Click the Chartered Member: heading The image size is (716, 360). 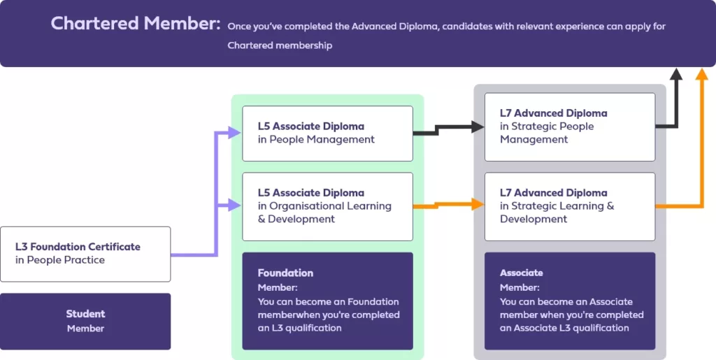(136, 23)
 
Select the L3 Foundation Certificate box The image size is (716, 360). (85, 254)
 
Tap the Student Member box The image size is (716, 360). (85, 321)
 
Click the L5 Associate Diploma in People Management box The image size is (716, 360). (327, 133)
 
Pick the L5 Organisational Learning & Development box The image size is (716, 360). (327, 206)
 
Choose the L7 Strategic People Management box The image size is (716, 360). (569, 127)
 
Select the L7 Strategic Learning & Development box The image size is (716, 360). (569, 206)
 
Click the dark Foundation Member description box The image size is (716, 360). (327, 301)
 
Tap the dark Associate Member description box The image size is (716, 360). (569, 301)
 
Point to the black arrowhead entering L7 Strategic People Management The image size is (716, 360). (478, 127)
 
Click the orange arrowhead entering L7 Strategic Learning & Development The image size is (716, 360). (478, 204)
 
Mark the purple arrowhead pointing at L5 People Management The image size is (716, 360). (235, 133)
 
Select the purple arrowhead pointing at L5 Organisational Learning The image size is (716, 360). (235, 206)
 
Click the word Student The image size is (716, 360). (85, 314)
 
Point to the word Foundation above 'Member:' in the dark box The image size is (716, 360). (285, 273)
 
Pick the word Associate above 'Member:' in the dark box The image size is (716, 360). (521, 273)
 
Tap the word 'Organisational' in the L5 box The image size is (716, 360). (304, 206)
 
